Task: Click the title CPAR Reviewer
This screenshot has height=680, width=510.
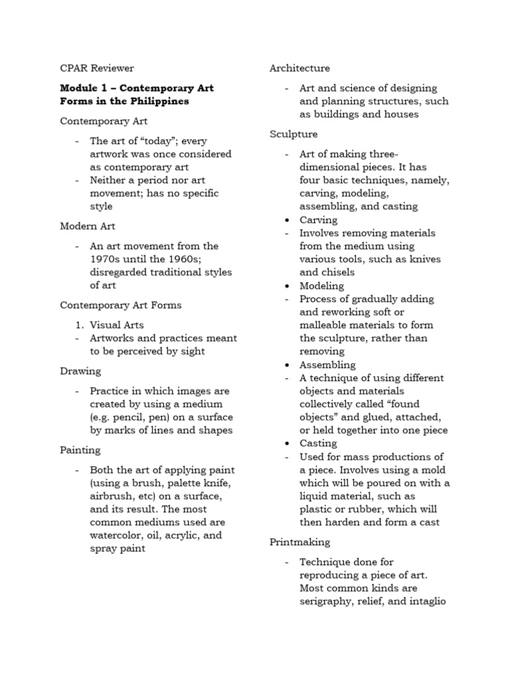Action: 97,68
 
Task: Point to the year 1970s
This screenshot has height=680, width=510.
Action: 106,259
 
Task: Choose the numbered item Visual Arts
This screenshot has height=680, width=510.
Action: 117,325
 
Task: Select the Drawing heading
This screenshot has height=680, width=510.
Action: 80,371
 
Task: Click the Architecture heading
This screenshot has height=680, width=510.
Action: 299,68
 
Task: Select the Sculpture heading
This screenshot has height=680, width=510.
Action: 294,134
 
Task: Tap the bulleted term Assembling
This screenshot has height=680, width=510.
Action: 327,365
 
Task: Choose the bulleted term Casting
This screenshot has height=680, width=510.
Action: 318,443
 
